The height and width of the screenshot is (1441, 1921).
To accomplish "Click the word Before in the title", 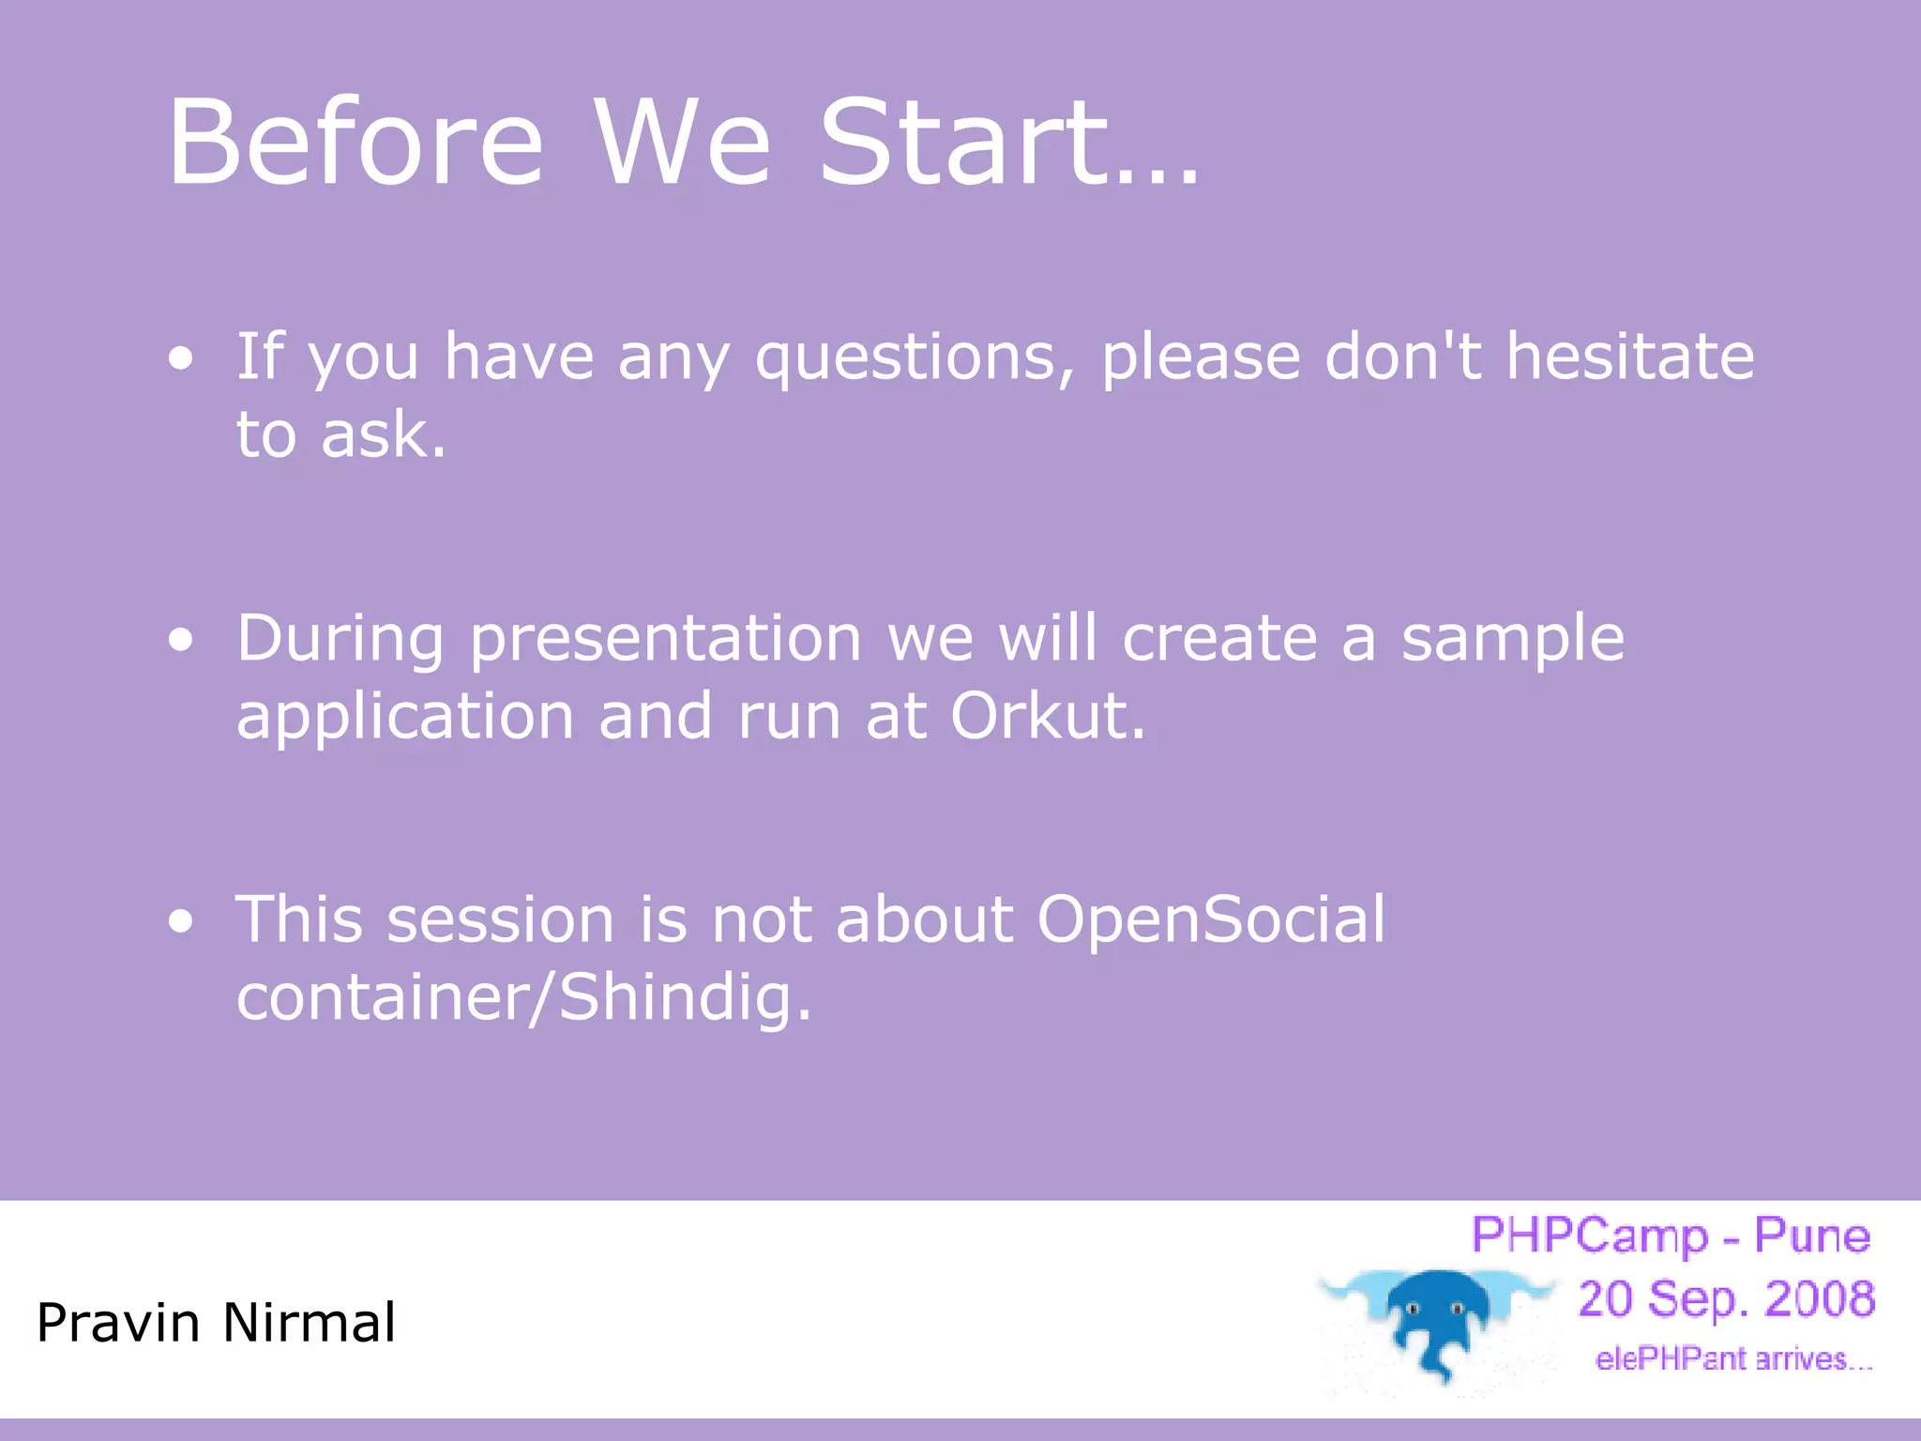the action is tap(355, 142).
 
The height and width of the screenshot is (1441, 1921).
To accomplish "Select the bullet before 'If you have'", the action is tap(181, 357).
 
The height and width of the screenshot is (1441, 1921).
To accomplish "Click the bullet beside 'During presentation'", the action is tap(181, 640).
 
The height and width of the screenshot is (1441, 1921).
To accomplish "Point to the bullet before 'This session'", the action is tap(181, 921).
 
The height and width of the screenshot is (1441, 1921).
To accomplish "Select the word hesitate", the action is tap(1630, 356).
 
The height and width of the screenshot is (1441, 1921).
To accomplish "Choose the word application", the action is tap(404, 719).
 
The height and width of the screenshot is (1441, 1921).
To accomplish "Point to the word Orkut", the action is tap(1047, 716).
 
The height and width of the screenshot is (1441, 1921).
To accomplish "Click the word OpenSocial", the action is tap(1210, 922).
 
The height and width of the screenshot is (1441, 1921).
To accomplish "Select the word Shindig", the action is tap(685, 1000).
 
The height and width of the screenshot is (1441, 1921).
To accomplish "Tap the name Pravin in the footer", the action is tap(118, 1323).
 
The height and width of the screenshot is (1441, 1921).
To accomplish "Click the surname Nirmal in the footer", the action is tap(309, 1323).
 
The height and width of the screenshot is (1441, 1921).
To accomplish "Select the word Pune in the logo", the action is tap(1811, 1236).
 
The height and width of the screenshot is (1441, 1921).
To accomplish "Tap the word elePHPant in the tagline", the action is tap(1671, 1359).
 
